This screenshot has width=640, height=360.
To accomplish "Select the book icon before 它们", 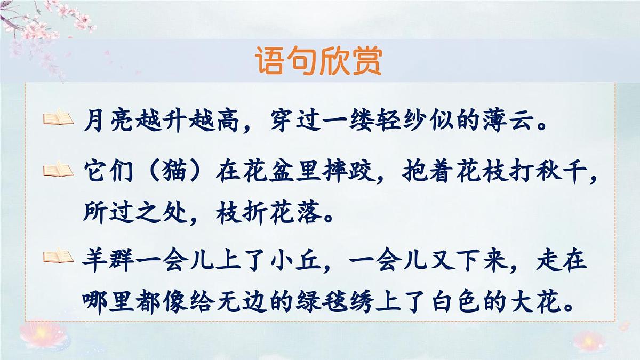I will tap(58, 170).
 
